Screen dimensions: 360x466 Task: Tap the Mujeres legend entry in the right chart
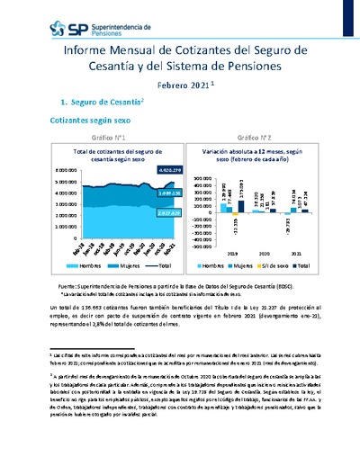coord(245,266)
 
